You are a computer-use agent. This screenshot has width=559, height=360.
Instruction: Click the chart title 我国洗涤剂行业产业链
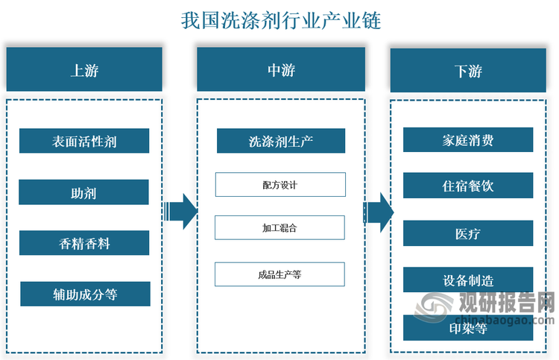(x=280, y=20)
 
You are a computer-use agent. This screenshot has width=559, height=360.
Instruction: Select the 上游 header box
(x=84, y=70)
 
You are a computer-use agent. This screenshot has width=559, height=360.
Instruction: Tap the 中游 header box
(x=280, y=70)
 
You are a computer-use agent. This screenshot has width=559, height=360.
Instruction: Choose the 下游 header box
(x=468, y=71)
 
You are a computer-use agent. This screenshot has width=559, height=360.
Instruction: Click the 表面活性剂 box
(x=84, y=141)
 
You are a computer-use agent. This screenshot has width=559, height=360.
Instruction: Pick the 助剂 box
(x=83, y=192)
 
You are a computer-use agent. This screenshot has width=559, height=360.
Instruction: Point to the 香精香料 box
(x=84, y=243)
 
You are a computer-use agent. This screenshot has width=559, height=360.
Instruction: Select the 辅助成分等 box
(x=85, y=294)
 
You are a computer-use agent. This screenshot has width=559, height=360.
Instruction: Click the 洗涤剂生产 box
(x=280, y=141)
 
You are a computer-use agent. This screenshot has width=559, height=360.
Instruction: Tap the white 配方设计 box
(x=280, y=185)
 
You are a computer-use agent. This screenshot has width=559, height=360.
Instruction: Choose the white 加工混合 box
(x=279, y=228)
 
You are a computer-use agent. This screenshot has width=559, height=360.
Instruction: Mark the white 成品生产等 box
(x=279, y=274)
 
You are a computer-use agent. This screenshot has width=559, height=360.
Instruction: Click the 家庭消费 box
(x=468, y=139)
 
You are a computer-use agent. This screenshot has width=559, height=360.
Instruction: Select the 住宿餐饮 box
(x=468, y=186)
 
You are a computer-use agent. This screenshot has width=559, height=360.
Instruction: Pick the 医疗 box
(x=468, y=233)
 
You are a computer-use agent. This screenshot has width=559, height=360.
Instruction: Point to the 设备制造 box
(x=468, y=280)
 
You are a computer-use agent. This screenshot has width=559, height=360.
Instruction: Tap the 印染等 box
(x=468, y=328)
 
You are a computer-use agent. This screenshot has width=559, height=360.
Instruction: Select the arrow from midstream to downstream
(x=378, y=212)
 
